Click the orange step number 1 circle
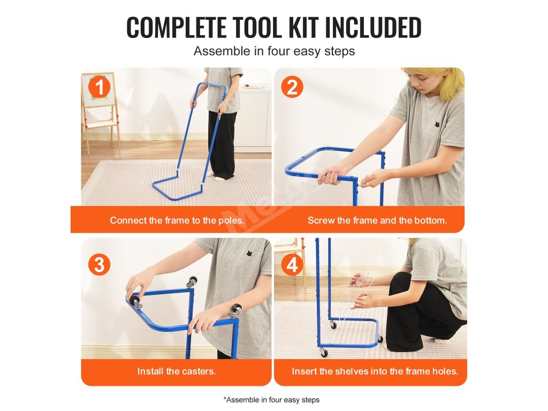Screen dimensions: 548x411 point(99,87)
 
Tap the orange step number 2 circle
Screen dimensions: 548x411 point(292,87)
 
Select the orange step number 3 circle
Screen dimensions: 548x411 point(99,264)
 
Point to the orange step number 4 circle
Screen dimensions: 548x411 point(292,264)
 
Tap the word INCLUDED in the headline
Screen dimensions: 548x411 point(373,27)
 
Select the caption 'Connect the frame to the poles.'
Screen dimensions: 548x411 point(177,220)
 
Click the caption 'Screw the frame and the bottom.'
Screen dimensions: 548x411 point(377,220)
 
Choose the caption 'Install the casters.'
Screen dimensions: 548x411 point(176,371)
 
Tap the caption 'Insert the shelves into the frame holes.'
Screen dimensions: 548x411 point(375,371)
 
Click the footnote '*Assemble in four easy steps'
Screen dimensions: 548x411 point(271,399)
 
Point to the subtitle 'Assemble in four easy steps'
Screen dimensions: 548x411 point(274,51)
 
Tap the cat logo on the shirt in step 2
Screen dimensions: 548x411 point(437,124)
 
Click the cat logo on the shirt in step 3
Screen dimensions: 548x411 point(249,253)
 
